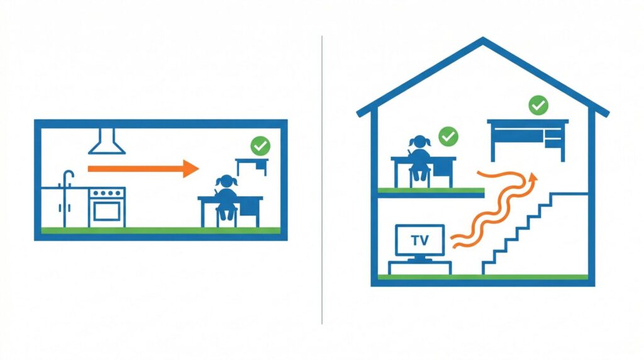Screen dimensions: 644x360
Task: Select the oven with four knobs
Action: [x=107, y=207]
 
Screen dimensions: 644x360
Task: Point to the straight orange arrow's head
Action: [x=191, y=169]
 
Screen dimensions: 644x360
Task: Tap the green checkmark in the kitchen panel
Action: [x=260, y=146]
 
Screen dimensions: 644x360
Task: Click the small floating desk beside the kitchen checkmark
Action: [x=252, y=165]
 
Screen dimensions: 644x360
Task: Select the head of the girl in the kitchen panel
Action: [x=226, y=181]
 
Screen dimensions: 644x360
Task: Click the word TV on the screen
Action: [x=419, y=240]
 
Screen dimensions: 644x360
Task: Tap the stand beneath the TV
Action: [x=419, y=267]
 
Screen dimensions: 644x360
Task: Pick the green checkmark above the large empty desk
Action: [x=538, y=105]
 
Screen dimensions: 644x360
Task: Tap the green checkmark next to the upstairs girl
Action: [x=448, y=137]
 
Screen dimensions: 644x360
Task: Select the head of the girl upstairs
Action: [x=419, y=142]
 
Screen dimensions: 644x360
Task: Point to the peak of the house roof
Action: [x=483, y=38]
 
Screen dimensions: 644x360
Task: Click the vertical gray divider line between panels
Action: [x=322, y=180]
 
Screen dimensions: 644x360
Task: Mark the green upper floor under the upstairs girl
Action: [x=431, y=190]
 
